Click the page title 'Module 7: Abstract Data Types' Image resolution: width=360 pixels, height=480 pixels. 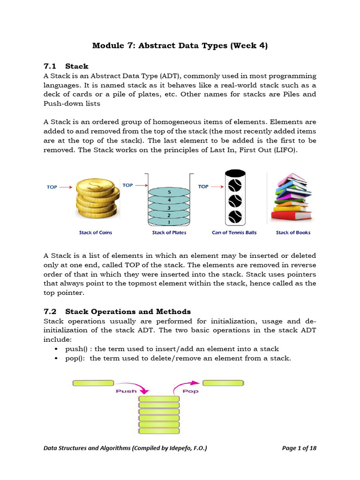point(180,46)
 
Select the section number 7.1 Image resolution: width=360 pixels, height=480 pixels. point(50,66)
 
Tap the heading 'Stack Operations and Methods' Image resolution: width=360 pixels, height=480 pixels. point(128,311)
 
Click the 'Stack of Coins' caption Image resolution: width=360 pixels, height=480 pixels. point(96,232)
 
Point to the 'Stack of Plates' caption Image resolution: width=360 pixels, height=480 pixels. point(169,232)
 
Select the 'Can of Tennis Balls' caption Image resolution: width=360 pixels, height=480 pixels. point(234,232)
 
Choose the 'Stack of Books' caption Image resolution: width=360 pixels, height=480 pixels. point(293,232)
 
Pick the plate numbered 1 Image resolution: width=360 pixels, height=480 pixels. point(169,221)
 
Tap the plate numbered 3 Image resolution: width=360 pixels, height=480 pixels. point(169,207)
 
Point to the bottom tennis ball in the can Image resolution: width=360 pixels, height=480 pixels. point(234,217)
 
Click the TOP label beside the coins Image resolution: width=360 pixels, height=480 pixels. point(52,187)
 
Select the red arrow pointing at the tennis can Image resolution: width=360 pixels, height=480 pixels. point(217,186)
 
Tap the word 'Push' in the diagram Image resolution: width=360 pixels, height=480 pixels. point(126,391)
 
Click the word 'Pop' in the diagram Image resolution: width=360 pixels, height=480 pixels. point(190,391)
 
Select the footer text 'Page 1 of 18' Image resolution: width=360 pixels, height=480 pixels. point(299,448)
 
